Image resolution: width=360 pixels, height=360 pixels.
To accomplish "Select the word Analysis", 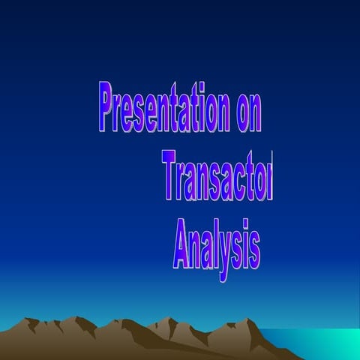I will (217, 245).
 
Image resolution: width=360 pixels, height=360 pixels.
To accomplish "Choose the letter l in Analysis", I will (212, 244).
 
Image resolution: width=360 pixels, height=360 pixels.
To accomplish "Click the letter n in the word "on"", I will (256, 112).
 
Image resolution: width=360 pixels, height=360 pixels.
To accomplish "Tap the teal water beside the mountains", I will (322, 341).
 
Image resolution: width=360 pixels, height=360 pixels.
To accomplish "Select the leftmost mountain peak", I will (31, 320).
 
